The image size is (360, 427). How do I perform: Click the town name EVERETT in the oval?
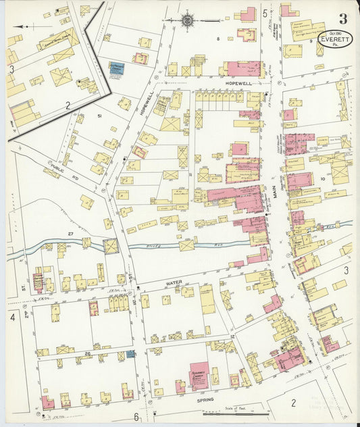335,40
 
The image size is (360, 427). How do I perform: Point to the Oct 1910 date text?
336,32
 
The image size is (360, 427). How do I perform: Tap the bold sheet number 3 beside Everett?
343,18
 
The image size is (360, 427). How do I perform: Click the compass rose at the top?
186,21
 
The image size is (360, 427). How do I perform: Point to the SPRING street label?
205,401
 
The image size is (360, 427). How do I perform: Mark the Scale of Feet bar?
236,412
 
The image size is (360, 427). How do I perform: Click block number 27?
70,234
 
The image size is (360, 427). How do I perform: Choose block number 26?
87,353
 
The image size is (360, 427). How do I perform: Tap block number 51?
99,116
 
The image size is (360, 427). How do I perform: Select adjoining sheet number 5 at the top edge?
264,13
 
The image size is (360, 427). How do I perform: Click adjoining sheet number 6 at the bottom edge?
136,416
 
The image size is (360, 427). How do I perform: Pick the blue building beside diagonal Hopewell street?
116,69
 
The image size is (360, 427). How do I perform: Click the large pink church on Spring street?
199,376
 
